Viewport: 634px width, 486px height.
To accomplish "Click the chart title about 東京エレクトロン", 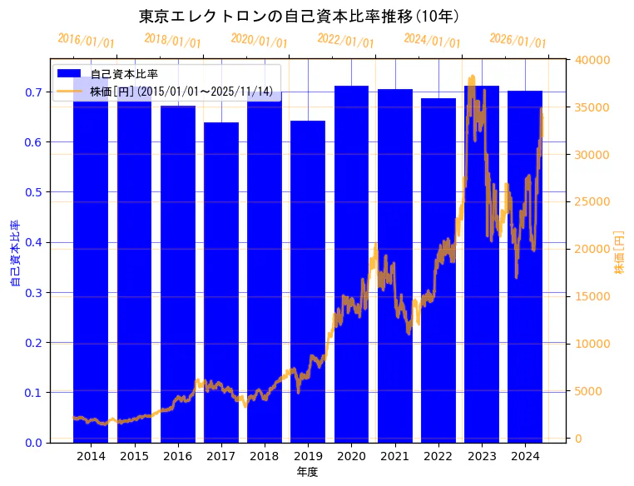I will click(299, 16).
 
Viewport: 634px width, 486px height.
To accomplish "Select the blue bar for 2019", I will click(308, 283).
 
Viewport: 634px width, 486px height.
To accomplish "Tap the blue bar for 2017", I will click(221, 283).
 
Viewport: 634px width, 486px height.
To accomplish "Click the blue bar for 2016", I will click(178, 275).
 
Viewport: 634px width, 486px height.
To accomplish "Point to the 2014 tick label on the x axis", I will click(91, 456).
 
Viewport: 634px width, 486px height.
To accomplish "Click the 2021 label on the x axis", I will click(394, 456).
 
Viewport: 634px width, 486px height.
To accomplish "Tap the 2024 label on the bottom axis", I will click(525, 456).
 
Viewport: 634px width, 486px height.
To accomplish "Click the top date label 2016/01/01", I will click(86, 41).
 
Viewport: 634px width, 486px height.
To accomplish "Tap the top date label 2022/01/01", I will click(345, 41).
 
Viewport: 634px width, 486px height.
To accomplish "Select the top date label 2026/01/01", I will click(518, 41).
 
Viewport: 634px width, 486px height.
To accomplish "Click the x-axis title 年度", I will click(308, 472).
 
